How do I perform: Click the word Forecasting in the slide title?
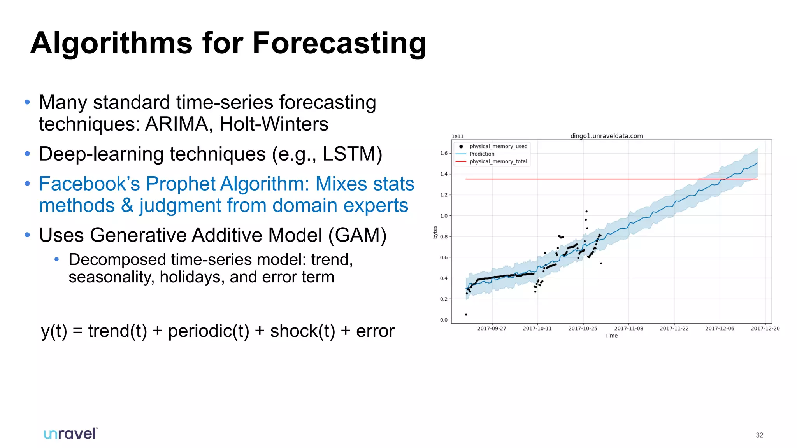coord(339,44)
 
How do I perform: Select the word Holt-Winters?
coord(274,124)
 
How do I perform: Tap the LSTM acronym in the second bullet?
coord(348,154)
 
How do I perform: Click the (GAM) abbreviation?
coord(357,235)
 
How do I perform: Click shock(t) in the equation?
coord(302,331)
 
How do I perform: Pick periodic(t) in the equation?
coord(208,331)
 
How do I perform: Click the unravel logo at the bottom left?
coord(70,434)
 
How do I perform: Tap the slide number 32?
coord(759,435)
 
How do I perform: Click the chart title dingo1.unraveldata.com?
coord(606,136)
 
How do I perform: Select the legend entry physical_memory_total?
coord(498,161)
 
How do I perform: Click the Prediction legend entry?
coord(482,154)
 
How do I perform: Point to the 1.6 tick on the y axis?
coord(444,153)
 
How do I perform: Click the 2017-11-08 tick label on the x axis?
coord(628,329)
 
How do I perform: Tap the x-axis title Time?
coord(611,336)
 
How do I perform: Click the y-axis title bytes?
coord(435,232)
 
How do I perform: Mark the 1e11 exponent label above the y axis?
coord(458,136)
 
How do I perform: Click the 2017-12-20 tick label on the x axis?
coord(765,329)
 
